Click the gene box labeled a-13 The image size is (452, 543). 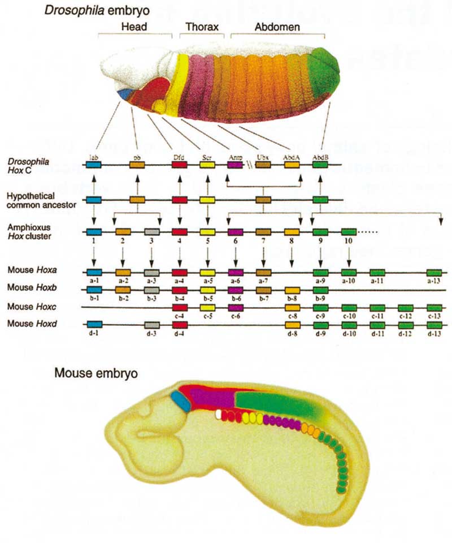coord(434,272)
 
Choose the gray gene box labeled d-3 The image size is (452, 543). coord(151,325)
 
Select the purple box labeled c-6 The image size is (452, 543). coord(235,307)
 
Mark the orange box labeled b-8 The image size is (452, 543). coord(292,290)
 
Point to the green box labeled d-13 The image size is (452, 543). coord(434,325)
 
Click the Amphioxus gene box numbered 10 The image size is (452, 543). coord(349,232)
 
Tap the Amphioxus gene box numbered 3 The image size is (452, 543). coord(151,232)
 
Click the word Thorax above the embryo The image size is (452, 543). coord(198,27)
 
